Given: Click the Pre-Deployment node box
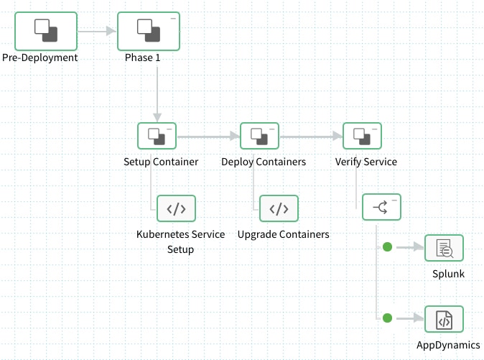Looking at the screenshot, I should (45, 30).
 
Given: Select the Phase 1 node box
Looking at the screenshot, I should (148, 30).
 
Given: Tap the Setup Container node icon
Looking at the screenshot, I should (157, 136).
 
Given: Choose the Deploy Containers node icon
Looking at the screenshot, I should (259, 136).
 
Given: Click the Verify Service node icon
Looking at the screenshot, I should (362, 136).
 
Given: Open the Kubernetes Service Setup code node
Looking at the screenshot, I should (176, 209).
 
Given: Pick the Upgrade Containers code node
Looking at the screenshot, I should (279, 209).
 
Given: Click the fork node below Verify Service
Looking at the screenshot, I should (381, 209).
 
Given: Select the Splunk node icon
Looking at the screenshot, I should (444, 248).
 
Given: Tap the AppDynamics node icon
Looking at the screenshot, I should (444, 318).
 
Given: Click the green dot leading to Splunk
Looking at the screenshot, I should (388, 247).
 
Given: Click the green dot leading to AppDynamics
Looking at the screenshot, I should (388, 318).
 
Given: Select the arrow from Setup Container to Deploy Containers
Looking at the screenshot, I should (208, 135).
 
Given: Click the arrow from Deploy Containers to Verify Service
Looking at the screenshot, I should (311, 135).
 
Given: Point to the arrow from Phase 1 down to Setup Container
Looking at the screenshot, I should (157, 86).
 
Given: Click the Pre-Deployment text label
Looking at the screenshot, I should (39, 57).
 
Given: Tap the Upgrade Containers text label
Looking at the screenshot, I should (283, 234).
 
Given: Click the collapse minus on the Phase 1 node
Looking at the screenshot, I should (172, 17).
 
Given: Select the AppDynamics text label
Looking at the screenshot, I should (450, 345).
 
